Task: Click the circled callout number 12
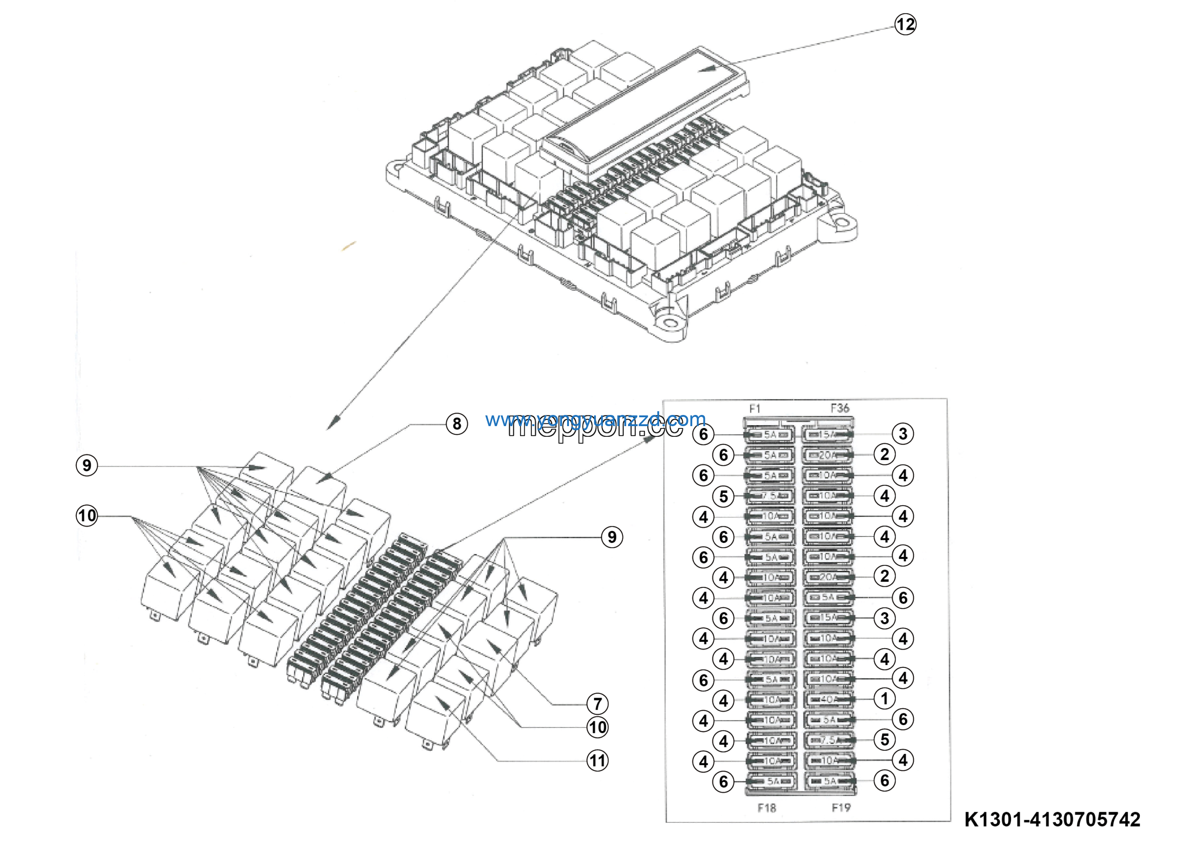click(905, 24)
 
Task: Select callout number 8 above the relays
click(456, 424)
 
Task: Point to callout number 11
click(597, 761)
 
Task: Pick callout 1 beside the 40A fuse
click(884, 699)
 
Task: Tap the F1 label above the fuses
click(755, 408)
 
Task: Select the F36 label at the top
click(840, 408)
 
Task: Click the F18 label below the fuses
click(767, 808)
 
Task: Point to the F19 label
click(841, 807)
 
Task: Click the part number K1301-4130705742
click(1052, 820)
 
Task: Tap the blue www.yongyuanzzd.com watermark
click(595, 419)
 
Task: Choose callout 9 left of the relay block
click(87, 465)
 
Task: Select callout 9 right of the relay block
click(612, 537)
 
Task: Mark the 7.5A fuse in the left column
click(770, 496)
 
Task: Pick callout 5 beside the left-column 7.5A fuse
click(723, 496)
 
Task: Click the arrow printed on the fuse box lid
click(708, 69)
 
